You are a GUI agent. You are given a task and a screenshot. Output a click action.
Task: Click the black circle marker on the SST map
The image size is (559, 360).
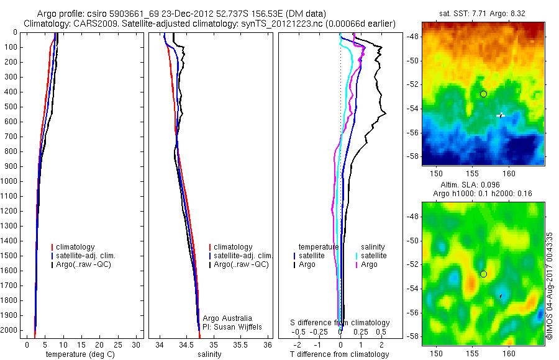(483, 94)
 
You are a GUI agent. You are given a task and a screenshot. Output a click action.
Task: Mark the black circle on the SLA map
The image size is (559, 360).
(483, 274)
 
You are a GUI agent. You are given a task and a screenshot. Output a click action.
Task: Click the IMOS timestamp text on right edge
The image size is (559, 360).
(550, 286)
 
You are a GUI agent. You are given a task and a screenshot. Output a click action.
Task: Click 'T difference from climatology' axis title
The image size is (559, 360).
(339, 354)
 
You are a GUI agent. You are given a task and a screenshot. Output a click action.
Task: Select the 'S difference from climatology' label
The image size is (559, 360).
(340, 323)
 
